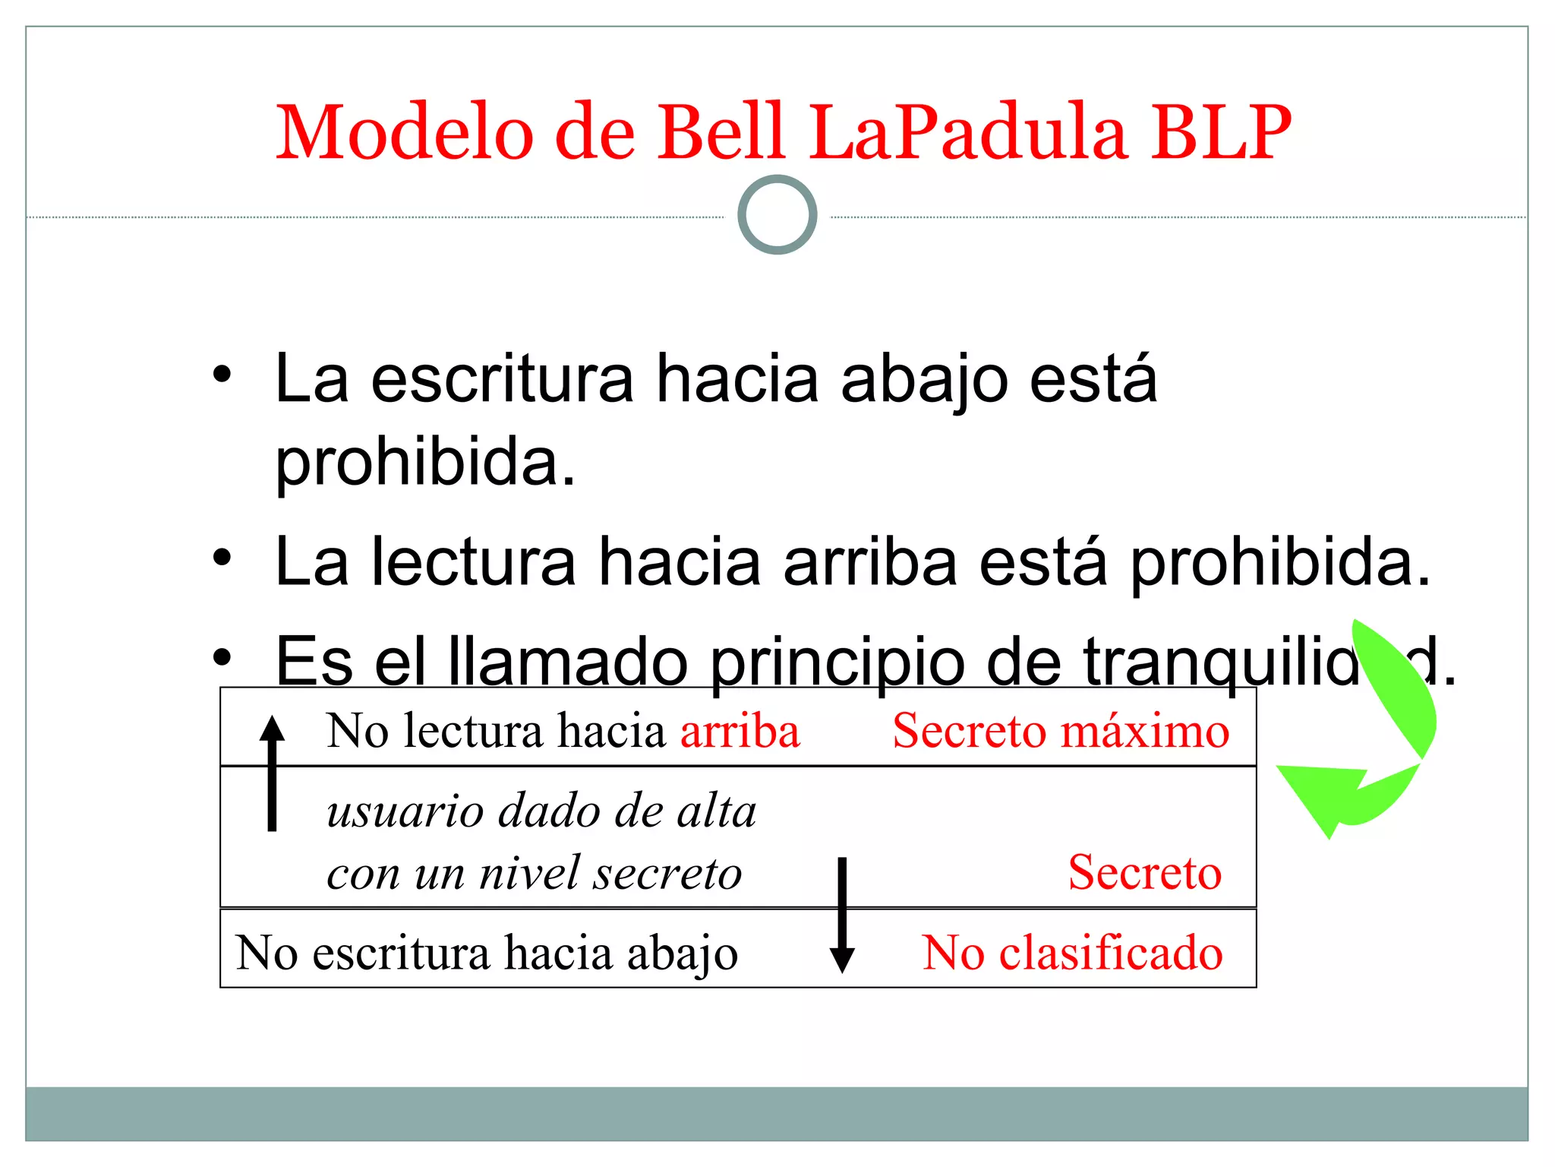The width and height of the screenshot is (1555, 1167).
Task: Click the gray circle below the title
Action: pos(777,215)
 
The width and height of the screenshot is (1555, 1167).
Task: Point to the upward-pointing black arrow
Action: pos(272,771)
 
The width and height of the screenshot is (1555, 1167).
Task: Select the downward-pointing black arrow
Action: pos(841,916)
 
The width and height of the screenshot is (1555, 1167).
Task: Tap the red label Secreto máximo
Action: pos(1061,731)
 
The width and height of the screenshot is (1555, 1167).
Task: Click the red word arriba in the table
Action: pos(740,731)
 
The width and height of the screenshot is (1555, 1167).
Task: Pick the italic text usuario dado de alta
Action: pos(541,811)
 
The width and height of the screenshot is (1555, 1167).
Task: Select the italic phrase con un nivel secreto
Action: pos(534,873)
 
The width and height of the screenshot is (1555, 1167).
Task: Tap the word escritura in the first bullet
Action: pos(502,379)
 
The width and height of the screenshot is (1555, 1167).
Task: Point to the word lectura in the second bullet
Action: pos(473,562)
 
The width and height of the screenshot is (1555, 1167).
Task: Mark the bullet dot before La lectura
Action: pos(221,559)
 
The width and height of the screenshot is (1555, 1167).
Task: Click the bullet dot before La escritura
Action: pos(221,375)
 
